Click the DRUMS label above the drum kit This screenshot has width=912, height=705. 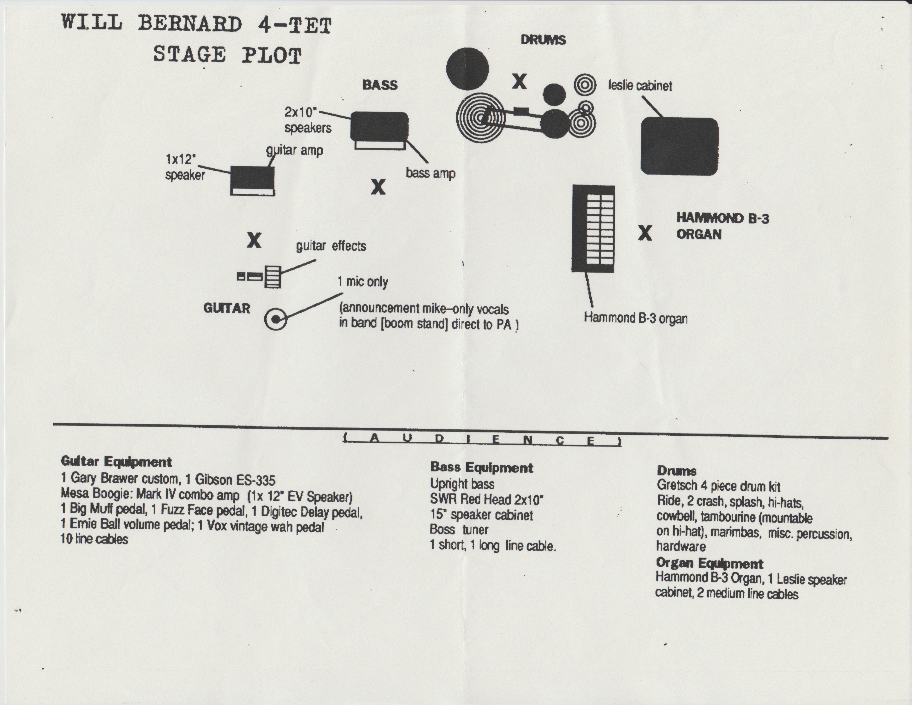(543, 40)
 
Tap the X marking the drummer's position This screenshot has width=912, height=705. (519, 82)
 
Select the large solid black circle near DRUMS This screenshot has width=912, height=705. (467, 69)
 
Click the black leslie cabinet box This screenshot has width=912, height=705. (679, 146)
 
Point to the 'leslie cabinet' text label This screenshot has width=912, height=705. (640, 86)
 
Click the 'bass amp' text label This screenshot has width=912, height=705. (431, 173)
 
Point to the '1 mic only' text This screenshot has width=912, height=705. (363, 282)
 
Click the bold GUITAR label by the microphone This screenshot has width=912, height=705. (227, 308)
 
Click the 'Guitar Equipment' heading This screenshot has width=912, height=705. (116, 461)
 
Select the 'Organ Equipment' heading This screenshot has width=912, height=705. (709, 563)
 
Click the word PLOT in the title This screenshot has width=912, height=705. (271, 56)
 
